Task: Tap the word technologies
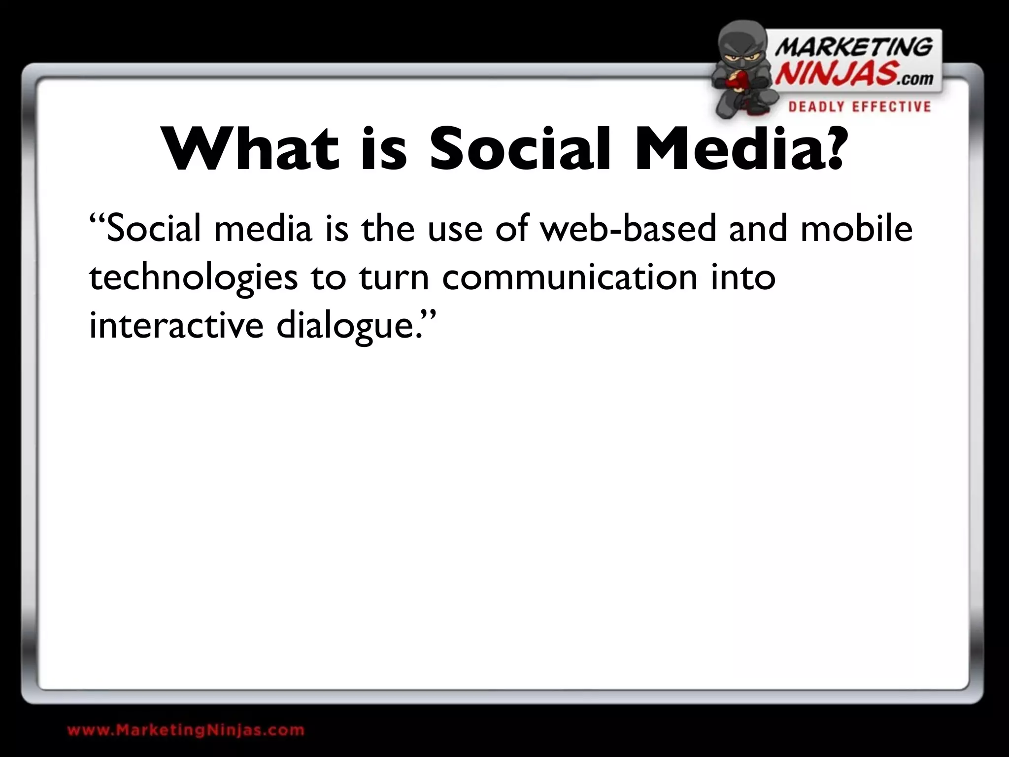(193, 278)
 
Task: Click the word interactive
(176, 325)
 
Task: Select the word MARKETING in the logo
(854, 48)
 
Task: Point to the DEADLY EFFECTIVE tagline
(860, 107)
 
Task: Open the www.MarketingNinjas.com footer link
(186, 730)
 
